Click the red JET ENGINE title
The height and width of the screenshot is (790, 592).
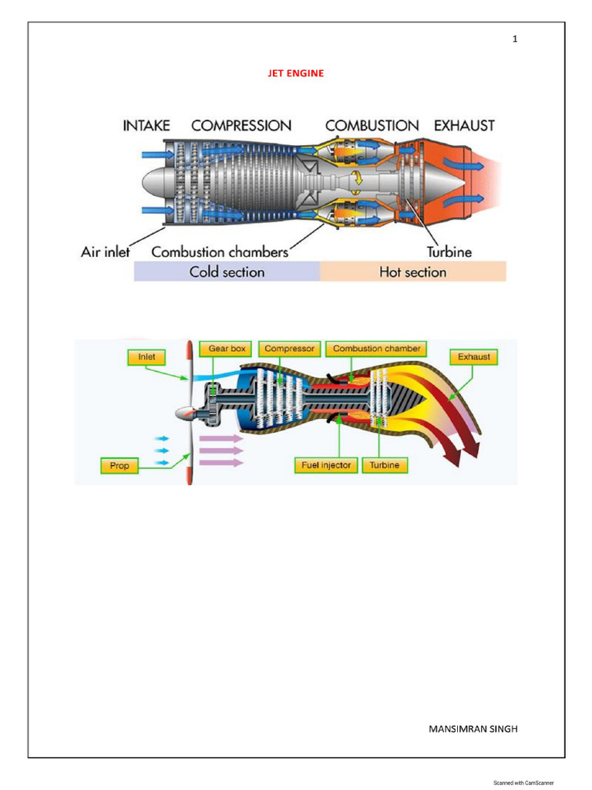click(296, 73)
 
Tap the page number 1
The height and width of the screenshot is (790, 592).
click(515, 40)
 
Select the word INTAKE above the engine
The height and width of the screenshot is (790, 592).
click(146, 125)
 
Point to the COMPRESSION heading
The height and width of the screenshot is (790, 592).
click(241, 125)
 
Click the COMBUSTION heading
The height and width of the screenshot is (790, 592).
click(372, 125)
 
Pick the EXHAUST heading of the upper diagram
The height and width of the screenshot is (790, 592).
click(464, 125)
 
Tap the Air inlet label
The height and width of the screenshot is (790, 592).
click(106, 252)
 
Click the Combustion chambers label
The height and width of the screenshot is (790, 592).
click(220, 252)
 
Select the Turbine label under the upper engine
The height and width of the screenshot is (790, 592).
click(449, 252)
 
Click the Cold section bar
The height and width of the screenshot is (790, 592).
click(227, 272)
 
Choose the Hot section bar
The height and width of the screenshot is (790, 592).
click(413, 272)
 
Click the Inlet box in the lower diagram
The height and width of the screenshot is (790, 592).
click(146, 357)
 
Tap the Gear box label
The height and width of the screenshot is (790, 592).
click(227, 349)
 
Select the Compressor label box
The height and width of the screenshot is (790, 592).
click(289, 349)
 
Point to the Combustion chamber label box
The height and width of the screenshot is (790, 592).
click(377, 349)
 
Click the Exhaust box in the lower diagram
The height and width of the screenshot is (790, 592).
click(473, 357)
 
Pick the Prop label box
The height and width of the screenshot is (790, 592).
click(119, 466)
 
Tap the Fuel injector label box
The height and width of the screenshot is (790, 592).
click(326, 466)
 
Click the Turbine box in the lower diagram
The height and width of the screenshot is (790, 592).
click(384, 466)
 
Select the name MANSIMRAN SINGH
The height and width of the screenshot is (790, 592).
click(473, 728)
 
